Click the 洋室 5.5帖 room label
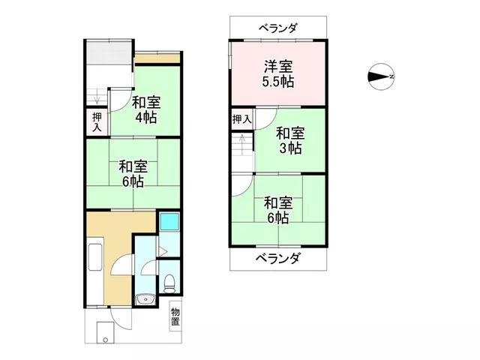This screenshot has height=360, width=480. (x=278, y=74)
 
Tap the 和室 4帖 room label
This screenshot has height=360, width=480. (x=146, y=109)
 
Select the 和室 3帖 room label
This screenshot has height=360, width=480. (x=290, y=141)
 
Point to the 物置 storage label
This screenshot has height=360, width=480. (x=175, y=316)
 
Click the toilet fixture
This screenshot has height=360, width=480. (x=169, y=284)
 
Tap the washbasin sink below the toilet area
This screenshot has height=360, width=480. (x=145, y=300)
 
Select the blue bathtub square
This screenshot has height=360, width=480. (x=169, y=221)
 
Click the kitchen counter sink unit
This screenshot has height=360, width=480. (x=94, y=257)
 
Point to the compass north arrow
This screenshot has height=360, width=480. (x=381, y=76)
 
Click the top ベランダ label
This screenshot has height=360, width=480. (x=278, y=28)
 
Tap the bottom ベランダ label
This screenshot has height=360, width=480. (x=277, y=259)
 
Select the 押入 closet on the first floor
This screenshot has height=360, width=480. (x=97, y=121)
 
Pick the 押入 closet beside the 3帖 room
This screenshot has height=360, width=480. (x=241, y=119)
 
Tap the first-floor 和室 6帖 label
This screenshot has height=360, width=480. (x=133, y=174)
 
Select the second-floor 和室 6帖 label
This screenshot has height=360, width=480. (x=278, y=210)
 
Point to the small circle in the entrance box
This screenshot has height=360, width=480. (x=105, y=340)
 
